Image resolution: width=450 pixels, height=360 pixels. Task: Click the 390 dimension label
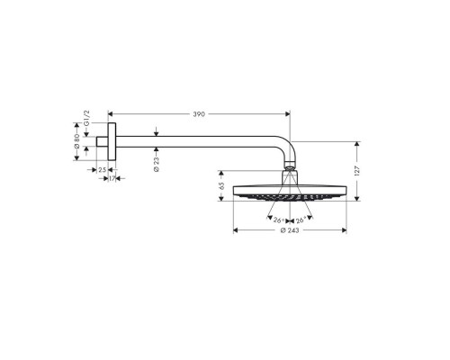pos(199,114)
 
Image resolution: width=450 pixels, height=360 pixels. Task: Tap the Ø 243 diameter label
pos(289,232)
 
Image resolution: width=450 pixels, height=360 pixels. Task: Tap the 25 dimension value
pos(102,168)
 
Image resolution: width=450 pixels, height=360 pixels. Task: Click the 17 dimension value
pos(112,178)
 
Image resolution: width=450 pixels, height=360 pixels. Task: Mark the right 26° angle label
pos(300,220)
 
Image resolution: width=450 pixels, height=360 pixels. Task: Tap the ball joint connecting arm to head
pos(289,168)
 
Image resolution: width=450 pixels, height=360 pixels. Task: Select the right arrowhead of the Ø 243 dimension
pos(344,232)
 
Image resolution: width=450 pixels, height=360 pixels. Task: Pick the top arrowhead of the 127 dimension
pos(358,143)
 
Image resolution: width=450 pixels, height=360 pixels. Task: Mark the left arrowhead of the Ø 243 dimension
pos(235,232)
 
